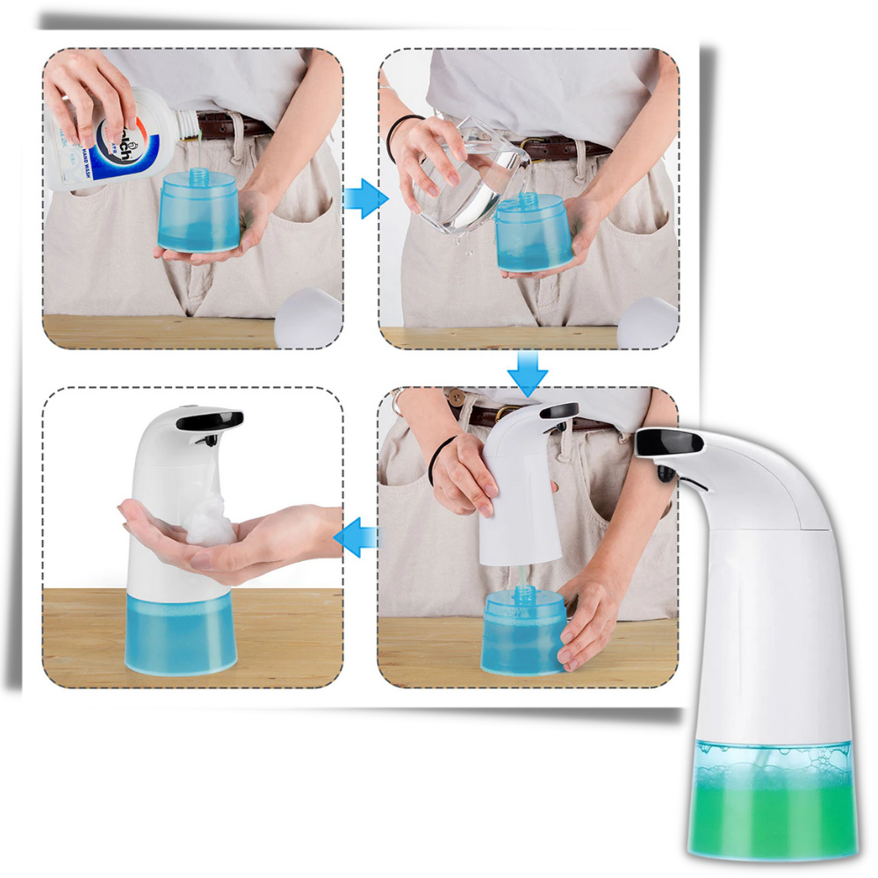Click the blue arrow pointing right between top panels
click(x=364, y=199)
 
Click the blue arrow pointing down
click(x=527, y=372)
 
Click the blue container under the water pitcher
click(x=533, y=233)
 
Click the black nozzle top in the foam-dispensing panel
click(x=208, y=421)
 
